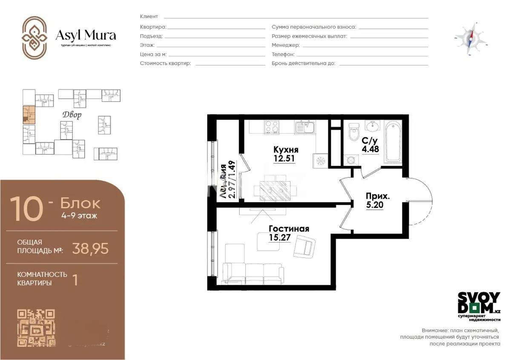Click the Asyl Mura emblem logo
[x=34, y=38]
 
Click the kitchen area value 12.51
[x=284, y=159]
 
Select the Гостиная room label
[x=289, y=229]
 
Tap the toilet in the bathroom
[x=353, y=132]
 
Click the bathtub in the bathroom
[x=393, y=142]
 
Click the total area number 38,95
[x=90, y=248]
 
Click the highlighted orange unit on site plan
[x=29, y=114]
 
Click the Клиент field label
[x=149, y=17]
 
